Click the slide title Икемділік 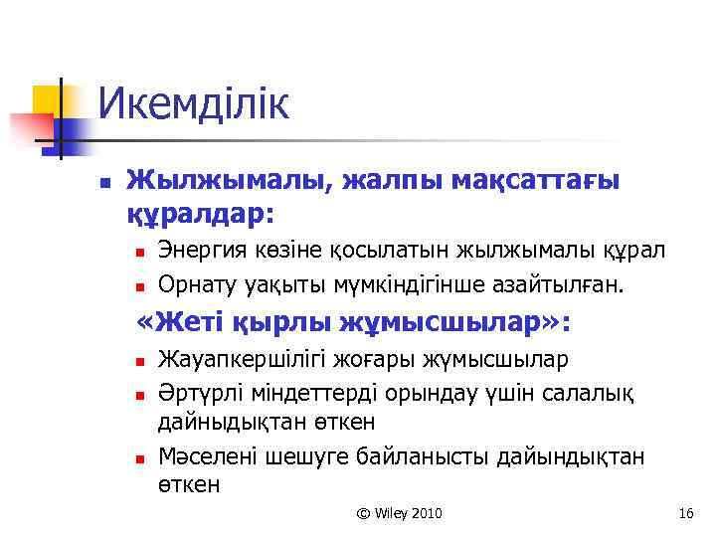point(194,104)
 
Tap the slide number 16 point(684,513)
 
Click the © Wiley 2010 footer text point(400,513)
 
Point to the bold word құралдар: point(199,213)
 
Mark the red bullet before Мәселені point(141,458)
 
